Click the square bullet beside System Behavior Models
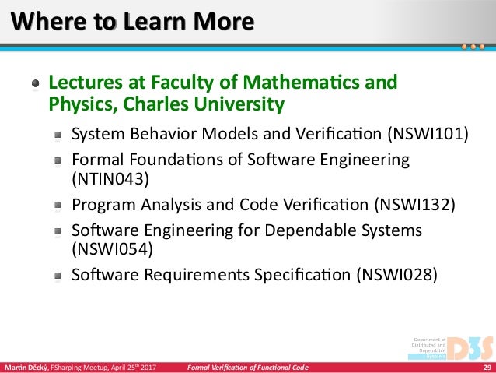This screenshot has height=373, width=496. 58,135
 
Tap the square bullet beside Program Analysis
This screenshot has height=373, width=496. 58,206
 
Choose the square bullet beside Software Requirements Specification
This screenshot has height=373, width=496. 58,276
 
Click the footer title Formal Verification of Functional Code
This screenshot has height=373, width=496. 248,368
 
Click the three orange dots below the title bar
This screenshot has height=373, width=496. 473,47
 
